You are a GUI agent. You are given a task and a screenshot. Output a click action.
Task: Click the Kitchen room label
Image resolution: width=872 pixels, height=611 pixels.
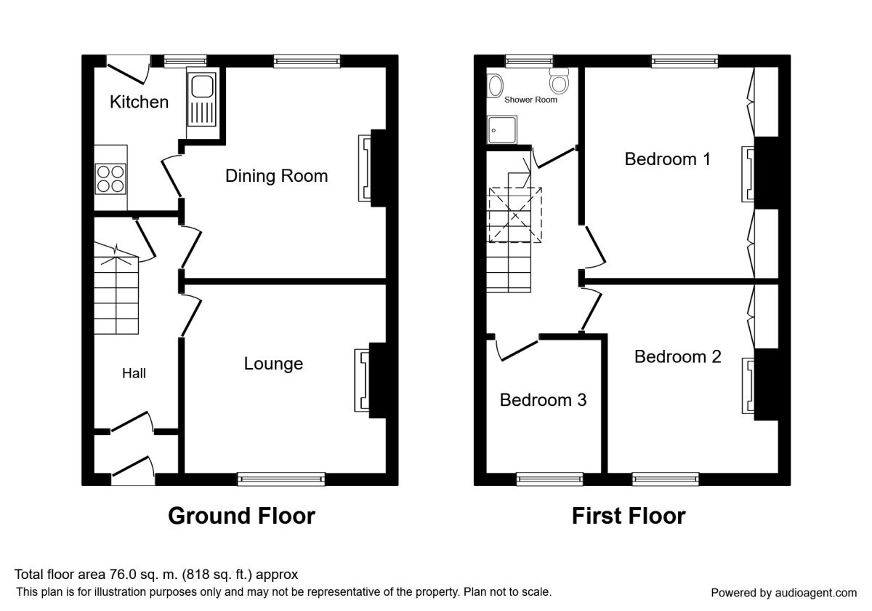coord(139,102)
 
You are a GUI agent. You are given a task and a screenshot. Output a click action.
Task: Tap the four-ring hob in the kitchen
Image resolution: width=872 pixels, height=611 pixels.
coord(110,179)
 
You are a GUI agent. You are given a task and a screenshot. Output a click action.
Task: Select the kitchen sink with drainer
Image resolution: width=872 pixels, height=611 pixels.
coord(202,100)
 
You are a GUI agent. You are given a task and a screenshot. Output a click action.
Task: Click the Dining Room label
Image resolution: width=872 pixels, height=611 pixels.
coord(276,176)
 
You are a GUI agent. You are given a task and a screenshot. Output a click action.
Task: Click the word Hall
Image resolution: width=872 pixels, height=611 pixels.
coord(134,373)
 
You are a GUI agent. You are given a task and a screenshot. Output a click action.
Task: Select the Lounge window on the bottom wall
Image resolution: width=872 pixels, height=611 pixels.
coord(281,479)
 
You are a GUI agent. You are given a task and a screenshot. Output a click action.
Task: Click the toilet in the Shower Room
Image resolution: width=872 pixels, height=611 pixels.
coord(560,81)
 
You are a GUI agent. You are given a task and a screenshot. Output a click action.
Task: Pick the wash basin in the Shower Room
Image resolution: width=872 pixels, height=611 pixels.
coord(495,86)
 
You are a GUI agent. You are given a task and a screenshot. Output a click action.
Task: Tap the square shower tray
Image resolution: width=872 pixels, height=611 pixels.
coord(502,129)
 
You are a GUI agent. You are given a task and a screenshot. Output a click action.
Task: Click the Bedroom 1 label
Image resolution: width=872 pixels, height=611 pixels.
coord(668,159)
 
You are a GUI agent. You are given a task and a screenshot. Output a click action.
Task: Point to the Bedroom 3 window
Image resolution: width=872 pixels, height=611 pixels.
coord(549,479)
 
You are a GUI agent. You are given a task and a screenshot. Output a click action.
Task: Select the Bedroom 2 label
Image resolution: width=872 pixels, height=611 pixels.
coord(678,356)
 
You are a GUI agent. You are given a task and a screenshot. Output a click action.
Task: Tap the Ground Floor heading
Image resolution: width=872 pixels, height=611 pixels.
coord(241,516)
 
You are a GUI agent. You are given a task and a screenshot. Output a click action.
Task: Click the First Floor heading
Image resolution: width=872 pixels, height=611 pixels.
coord(629,516)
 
